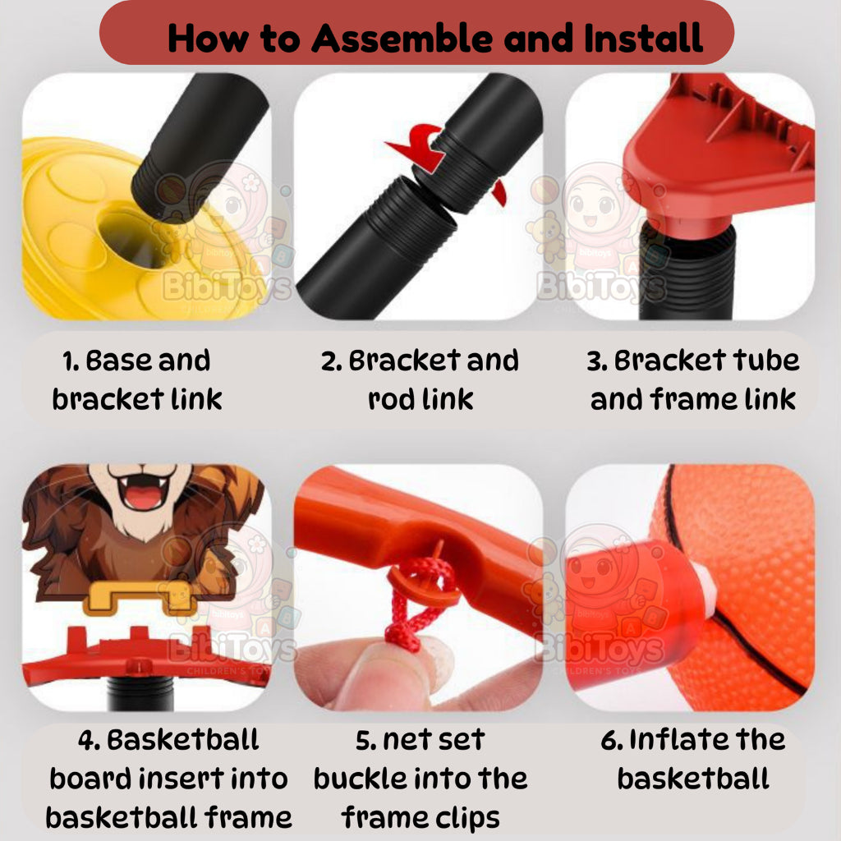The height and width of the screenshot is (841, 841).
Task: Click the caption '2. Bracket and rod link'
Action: point(420,379)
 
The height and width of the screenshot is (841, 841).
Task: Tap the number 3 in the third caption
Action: point(597,361)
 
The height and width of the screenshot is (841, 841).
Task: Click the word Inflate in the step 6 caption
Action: point(665,739)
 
